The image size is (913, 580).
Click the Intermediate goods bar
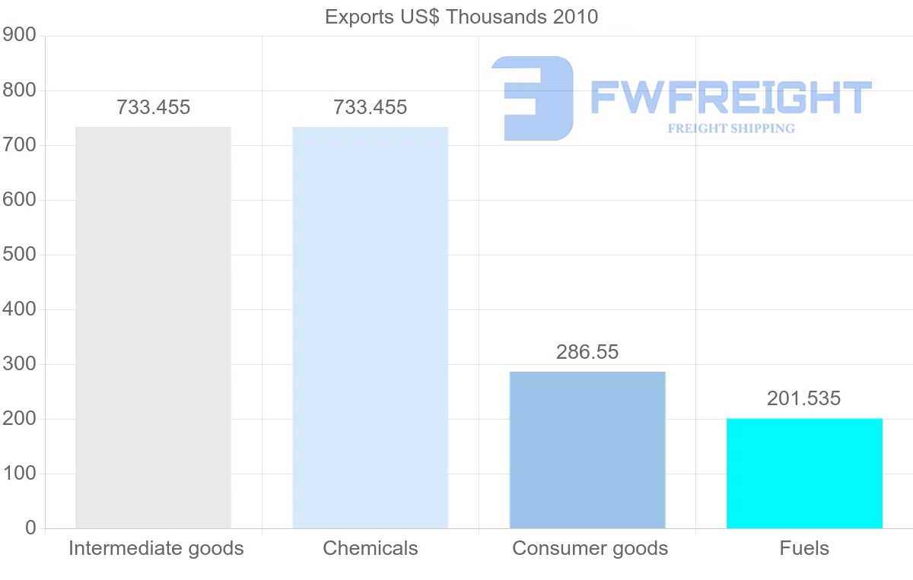pos(153,327)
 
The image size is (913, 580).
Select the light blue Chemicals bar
pos(371,327)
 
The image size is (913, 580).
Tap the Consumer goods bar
pos(587,449)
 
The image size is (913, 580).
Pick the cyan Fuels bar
pos(804,473)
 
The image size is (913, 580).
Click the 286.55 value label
pos(587,353)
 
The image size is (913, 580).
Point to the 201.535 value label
pos(804,398)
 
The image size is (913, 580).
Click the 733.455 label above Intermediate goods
pos(153,108)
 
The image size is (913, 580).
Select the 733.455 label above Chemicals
pos(371,108)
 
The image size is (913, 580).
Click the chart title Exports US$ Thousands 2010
pos(462,17)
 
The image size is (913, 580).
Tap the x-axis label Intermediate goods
pos(156,548)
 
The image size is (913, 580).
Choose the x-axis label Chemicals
pos(371,548)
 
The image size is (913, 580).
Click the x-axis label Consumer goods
pos(590,548)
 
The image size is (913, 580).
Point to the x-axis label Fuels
pos(804,548)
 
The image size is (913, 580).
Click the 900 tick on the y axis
pos(19,36)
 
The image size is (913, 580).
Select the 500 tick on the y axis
pos(19,255)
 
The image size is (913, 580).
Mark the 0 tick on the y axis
pos(30,528)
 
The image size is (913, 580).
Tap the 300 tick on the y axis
pos(19,364)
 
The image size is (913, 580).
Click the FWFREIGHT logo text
pos(730,98)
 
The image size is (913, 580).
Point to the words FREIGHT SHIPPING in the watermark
pos(731,128)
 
